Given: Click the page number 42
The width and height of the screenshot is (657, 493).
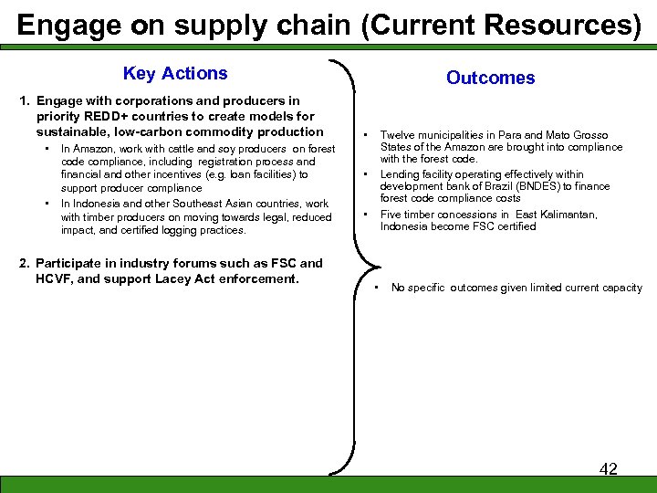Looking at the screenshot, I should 608,468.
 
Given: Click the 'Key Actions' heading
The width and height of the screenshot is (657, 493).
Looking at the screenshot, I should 175,74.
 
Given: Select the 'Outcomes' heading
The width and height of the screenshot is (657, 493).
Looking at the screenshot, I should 490,79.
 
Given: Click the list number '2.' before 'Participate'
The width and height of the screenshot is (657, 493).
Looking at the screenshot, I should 25,264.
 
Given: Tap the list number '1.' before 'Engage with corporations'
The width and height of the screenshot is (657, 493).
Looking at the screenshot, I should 25,100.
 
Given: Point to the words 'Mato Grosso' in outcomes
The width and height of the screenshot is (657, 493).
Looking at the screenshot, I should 578,135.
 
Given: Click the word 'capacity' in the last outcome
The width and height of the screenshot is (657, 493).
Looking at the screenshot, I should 620,288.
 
